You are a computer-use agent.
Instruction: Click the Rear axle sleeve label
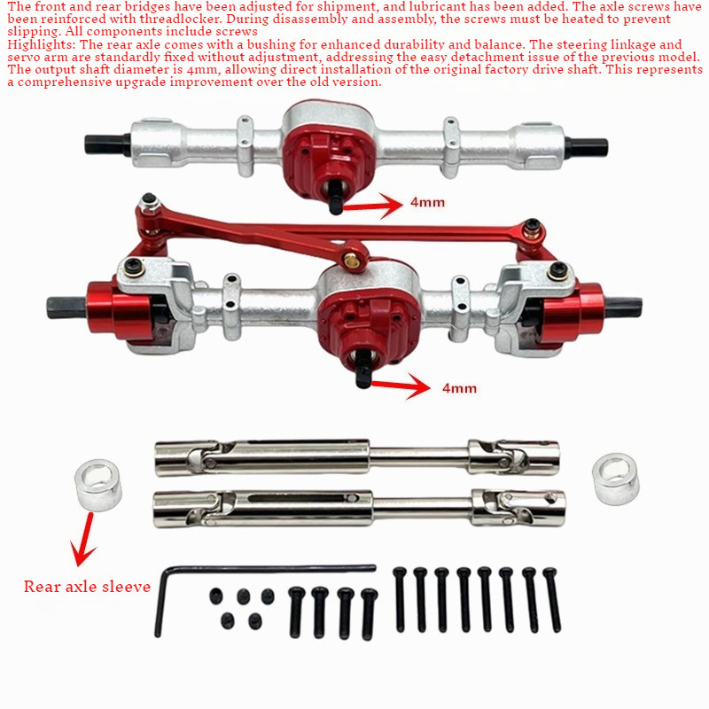pos(87,587)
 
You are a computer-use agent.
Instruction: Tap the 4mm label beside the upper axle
pos(427,202)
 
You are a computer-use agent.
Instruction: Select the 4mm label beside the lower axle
pos(459,388)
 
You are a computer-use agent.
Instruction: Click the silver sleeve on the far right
pos(615,479)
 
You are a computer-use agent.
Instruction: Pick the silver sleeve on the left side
pos(98,485)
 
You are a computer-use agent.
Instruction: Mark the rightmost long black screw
pos(552,599)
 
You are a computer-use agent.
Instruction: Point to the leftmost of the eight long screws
pos(400,599)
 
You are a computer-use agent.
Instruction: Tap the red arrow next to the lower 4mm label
pos(401,386)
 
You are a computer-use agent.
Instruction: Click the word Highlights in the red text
pos(39,45)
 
